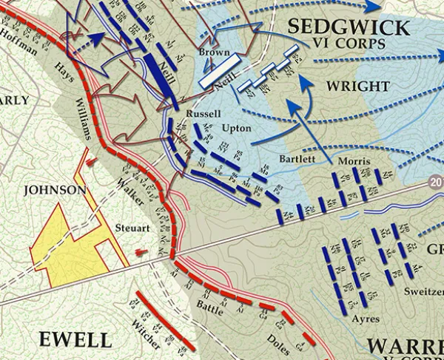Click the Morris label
[x=352, y=161]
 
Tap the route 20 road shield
[x=437, y=182]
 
